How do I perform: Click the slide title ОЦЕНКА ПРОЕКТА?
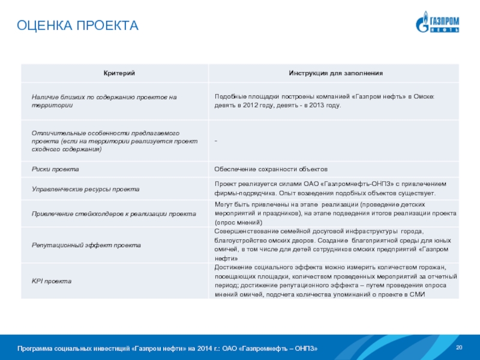pyautogui.click(x=77, y=25)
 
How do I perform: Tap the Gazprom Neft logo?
pyautogui.click(x=437, y=22)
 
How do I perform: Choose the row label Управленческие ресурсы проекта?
pyautogui.click(x=85, y=189)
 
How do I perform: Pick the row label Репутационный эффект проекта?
pyautogui.click(x=86, y=245)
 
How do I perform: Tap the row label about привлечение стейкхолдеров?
pyautogui.click(x=113, y=214)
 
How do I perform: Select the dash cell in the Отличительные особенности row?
pyautogui.click(x=216, y=140)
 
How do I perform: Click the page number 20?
pyautogui.click(x=460, y=348)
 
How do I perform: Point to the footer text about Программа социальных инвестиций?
pyautogui.click(x=167, y=349)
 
